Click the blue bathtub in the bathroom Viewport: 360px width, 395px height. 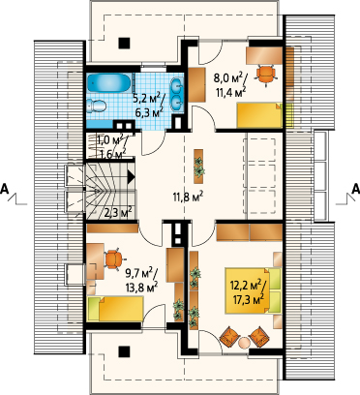tap(108, 83)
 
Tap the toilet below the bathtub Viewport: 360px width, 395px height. tap(97, 106)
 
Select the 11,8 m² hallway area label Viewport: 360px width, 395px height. tap(187, 196)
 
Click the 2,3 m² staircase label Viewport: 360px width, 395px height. tap(118, 212)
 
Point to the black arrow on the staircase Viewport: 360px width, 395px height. tap(131, 177)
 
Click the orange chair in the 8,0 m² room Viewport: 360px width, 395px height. tap(266, 75)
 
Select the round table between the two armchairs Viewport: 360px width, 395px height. tap(244, 343)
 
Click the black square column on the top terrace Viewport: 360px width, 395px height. tap(124, 43)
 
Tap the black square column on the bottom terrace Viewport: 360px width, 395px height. tap(124, 351)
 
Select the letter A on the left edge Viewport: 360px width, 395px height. tap(5, 189)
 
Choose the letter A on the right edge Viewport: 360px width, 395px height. tap(355, 189)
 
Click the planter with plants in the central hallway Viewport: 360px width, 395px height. tap(198, 167)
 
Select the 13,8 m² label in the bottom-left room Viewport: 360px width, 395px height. tap(142, 287)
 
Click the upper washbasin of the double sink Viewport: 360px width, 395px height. tap(177, 85)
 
